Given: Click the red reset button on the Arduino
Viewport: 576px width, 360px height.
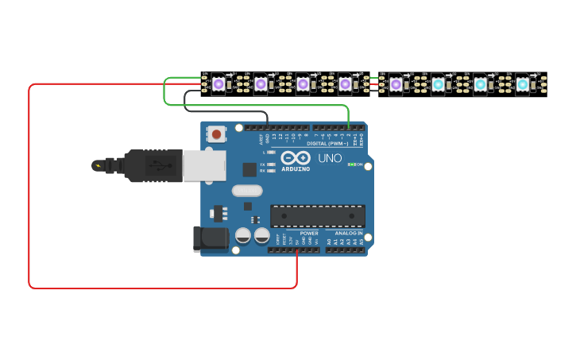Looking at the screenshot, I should (216, 134).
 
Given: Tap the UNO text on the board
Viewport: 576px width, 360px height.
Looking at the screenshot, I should (330, 158).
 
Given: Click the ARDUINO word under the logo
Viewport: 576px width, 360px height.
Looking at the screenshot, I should (296, 168).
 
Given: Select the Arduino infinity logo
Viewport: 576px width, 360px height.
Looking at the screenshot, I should (296, 157).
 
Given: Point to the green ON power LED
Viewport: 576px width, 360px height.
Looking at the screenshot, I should (351, 165).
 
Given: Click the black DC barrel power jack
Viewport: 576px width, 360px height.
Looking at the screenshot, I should (211, 239).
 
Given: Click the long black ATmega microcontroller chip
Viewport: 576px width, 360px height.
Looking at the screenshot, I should (318, 215).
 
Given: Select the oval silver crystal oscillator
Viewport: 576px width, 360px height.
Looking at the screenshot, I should (247, 191).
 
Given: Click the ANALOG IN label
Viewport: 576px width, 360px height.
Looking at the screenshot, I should (348, 233).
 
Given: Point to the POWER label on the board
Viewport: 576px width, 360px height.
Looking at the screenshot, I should (309, 233).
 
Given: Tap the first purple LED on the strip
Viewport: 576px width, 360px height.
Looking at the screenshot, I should (218, 83).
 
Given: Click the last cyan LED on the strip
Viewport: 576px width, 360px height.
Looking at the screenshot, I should (522, 83).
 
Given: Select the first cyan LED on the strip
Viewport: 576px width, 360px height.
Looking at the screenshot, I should (438, 83).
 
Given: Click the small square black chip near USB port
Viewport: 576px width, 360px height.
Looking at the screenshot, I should (249, 168).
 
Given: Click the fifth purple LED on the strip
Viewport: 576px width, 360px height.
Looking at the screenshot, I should (395, 83).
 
